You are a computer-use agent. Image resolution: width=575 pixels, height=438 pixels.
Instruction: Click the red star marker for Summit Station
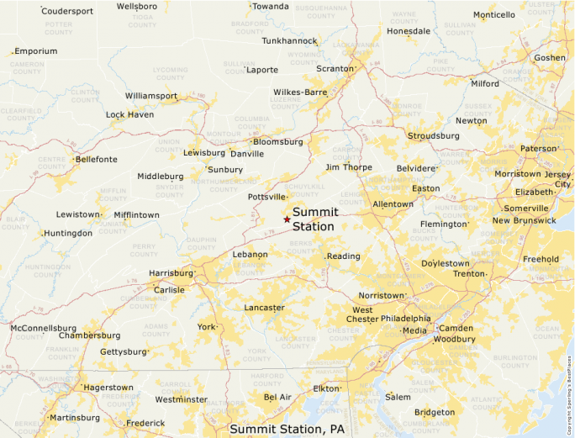click(x=287, y=219)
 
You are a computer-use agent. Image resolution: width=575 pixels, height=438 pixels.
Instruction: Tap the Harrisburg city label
click(x=171, y=273)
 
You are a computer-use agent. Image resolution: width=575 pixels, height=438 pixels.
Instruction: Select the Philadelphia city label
click(x=405, y=319)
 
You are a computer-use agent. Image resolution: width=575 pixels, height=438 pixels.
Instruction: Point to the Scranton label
click(x=334, y=69)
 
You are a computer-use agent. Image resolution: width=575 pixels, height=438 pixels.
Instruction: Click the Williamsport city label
click(x=151, y=96)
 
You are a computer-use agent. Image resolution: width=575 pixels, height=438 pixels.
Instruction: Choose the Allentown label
click(x=393, y=204)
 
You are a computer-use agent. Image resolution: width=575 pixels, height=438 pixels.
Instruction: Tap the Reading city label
click(x=343, y=256)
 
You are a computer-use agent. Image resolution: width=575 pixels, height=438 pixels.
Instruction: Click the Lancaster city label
click(x=264, y=309)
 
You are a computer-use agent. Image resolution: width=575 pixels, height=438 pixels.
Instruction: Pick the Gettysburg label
click(x=124, y=351)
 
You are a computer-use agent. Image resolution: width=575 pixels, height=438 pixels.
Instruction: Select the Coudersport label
click(x=67, y=11)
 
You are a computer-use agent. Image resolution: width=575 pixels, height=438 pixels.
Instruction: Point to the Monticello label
click(x=493, y=15)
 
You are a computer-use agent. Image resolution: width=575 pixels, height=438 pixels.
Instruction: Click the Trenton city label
click(x=468, y=273)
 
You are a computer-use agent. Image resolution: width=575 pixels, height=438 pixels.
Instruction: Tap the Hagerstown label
click(x=108, y=387)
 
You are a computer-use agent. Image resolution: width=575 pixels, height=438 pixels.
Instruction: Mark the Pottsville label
click(x=266, y=197)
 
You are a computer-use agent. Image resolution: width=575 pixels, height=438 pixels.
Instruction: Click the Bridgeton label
click(x=435, y=412)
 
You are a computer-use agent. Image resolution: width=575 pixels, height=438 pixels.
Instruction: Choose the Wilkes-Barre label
click(x=300, y=92)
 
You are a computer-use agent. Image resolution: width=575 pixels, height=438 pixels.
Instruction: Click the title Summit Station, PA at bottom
click(x=287, y=429)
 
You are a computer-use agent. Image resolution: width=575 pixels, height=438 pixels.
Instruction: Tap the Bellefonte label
click(x=96, y=159)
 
